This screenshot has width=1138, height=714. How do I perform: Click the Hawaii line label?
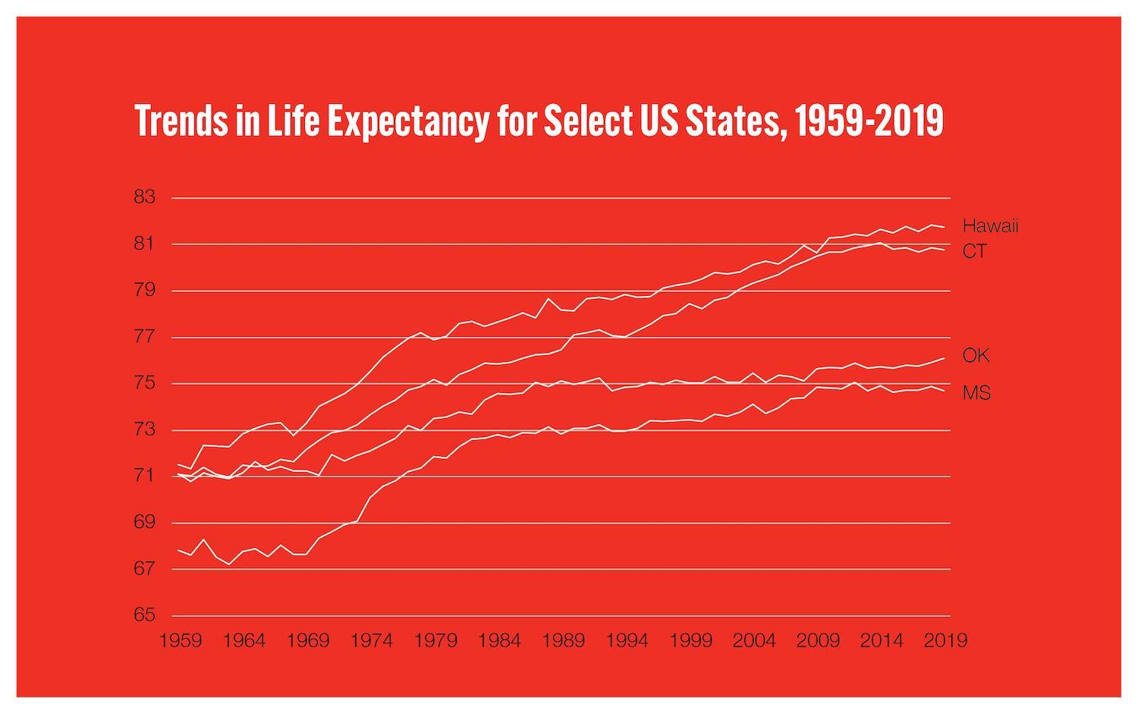(x=990, y=226)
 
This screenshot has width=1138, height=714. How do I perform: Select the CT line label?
(x=975, y=252)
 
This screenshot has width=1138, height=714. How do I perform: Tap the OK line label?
(x=976, y=356)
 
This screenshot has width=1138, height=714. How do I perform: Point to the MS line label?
(x=976, y=393)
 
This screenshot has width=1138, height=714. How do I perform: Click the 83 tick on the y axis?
(x=144, y=197)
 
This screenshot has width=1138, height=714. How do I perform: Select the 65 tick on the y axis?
(x=144, y=615)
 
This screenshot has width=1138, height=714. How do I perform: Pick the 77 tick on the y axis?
(x=144, y=336)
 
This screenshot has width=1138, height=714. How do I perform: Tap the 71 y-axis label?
(x=144, y=476)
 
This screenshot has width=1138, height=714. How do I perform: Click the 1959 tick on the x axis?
(x=181, y=641)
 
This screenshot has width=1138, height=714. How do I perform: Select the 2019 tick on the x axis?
(x=945, y=641)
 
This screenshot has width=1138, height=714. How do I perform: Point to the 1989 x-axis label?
(x=563, y=641)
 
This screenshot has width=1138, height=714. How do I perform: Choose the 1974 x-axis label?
(x=372, y=641)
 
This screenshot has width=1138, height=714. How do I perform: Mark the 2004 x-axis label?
(x=754, y=641)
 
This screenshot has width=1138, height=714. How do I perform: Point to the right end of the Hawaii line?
(x=944, y=227)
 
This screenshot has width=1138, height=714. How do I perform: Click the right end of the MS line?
(x=944, y=390)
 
